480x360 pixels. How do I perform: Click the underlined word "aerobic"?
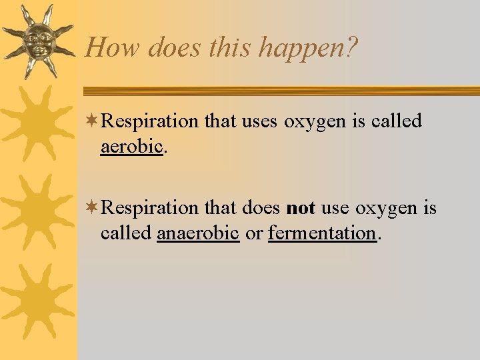coord(131,146)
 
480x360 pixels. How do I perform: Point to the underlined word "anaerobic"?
coord(198,233)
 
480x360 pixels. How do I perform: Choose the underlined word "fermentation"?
coord(322,233)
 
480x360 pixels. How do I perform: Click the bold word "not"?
coord(301,208)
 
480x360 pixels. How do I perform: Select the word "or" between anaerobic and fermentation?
coord(253,233)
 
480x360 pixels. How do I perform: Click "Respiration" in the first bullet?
coord(150,121)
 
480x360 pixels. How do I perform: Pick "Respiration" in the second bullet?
coord(150,208)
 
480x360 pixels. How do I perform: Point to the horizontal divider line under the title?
coord(280,91)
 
